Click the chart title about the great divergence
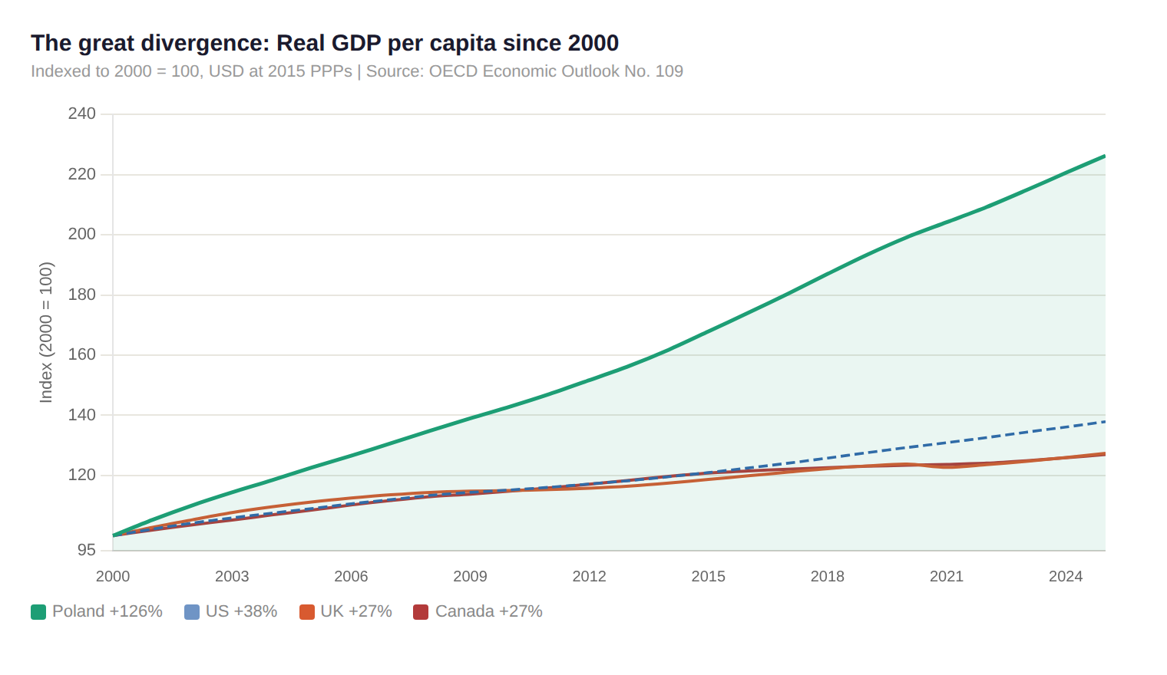tap(325, 43)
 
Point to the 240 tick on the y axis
tap(81, 114)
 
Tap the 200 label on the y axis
tap(81, 234)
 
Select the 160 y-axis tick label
tap(81, 354)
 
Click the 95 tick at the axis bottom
tap(86, 550)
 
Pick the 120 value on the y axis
tap(81, 475)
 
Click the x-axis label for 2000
tap(113, 576)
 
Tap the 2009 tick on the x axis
tap(470, 576)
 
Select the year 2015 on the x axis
tap(708, 576)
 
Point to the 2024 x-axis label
tap(1066, 576)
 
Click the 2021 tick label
tap(947, 576)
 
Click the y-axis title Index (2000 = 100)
tap(46, 332)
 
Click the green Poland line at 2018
tap(828, 274)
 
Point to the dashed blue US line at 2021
tap(947, 443)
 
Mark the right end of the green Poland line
tap(1103, 156)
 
